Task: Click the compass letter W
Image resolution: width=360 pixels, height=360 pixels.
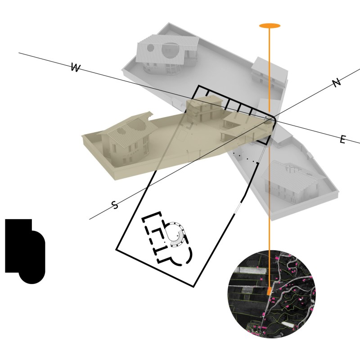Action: [76, 67]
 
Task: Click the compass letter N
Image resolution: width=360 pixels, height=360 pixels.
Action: [336, 83]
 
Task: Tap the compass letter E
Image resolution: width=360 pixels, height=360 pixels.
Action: [342, 139]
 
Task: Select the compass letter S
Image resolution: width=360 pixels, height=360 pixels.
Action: [115, 205]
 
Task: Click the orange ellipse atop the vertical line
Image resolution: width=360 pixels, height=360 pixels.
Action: [270, 26]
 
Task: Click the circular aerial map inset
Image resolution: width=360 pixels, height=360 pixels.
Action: [272, 294]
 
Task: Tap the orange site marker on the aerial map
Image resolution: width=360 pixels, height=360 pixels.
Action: [269, 291]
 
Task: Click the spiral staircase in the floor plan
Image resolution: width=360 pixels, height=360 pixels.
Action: [176, 234]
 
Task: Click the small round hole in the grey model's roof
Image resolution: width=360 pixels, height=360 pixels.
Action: [150, 48]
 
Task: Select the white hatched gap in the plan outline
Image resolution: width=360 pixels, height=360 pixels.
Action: [238, 208]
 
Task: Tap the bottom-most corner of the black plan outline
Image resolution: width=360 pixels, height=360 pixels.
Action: [193, 287]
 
